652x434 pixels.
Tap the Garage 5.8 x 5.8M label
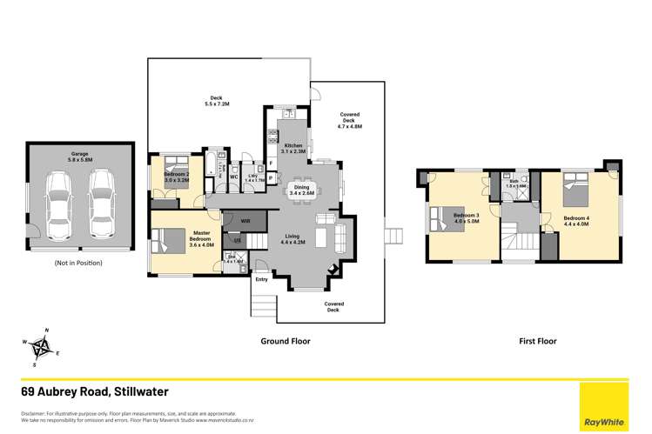tap(80, 157)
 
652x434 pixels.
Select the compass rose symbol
tap(41, 347)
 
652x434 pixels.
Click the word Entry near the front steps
tap(261, 279)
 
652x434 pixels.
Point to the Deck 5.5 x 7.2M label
tap(215, 101)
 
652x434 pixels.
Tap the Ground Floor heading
tap(286, 342)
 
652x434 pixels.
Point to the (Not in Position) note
tap(78, 262)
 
